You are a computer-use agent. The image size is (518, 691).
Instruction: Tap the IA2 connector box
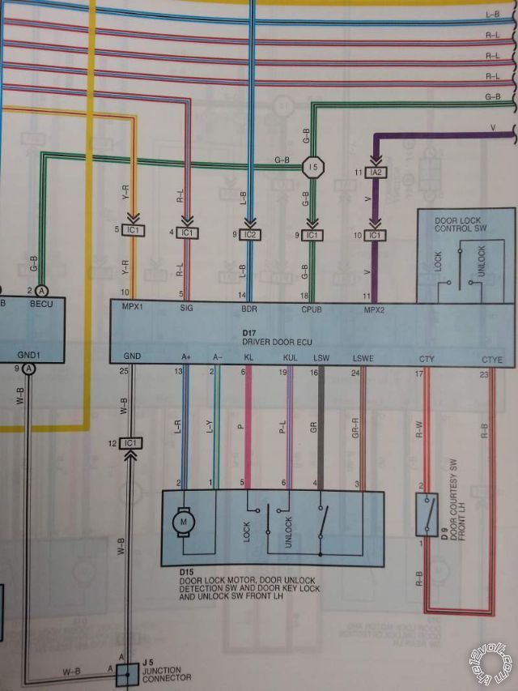pyautogui.click(x=375, y=173)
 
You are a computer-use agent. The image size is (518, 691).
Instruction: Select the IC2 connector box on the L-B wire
pyautogui.click(x=251, y=234)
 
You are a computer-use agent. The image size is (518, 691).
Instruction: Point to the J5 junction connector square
pyautogui.click(x=126, y=673)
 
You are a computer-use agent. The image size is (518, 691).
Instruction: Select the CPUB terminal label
pyautogui.click(x=312, y=309)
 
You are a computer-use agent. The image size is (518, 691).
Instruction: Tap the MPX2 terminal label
pyautogui.click(x=375, y=309)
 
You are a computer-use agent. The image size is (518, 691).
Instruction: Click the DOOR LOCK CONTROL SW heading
pyautogui.click(x=459, y=224)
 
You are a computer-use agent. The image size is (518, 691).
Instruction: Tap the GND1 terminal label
pyautogui.click(x=28, y=355)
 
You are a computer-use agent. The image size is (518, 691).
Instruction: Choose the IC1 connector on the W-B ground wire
pyautogui.click(x=130, y=443)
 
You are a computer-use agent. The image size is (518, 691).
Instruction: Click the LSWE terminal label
pyautogui.click(x=363, y=357)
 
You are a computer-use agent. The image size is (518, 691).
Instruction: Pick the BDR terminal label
pyautogui.click(x=251, y=309)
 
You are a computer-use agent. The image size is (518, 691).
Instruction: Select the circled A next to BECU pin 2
pyautogui.click(x=42, y=290)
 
